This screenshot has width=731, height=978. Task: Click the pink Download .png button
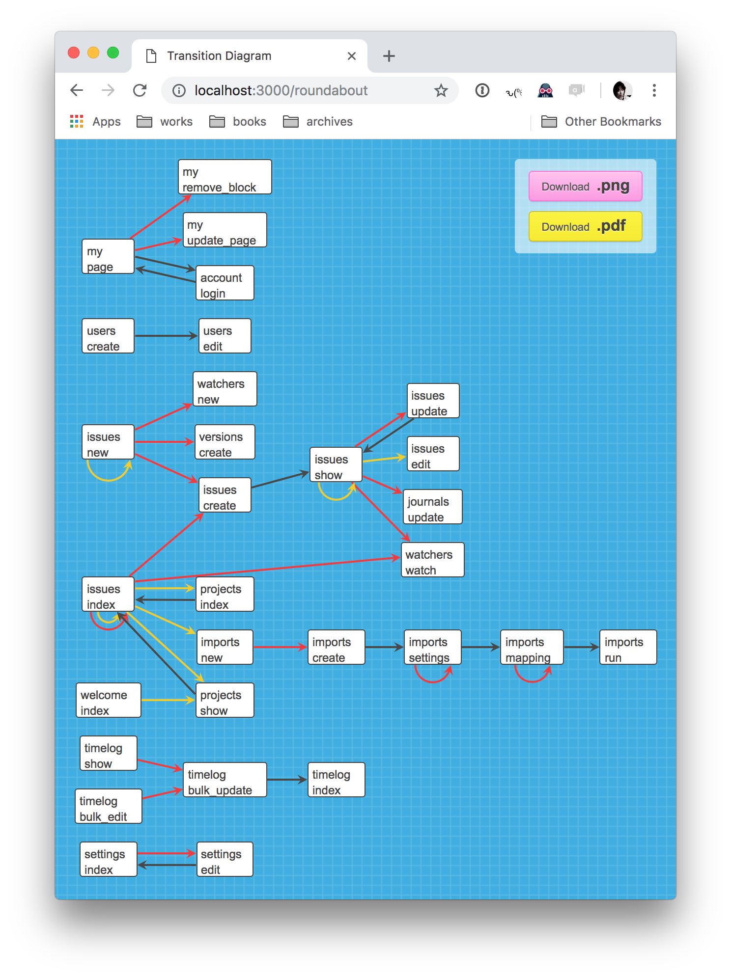click(585, 186)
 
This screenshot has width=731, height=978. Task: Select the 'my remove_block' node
click(225, 177)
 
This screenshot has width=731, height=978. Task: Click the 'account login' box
click(225, 283)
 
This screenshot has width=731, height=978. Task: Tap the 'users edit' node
click(225, 336)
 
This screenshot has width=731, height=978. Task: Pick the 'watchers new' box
click(225, 389)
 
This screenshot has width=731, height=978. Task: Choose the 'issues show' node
click(336, 464)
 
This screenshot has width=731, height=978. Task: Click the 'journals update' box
click(432, 507)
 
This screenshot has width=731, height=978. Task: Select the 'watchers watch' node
click(432, 560)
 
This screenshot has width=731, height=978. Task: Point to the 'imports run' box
click(627, 647)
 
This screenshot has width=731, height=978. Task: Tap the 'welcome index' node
click(108, 700)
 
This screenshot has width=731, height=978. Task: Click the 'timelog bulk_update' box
click(225, 780)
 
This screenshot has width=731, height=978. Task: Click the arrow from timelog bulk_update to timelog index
click(286, 780)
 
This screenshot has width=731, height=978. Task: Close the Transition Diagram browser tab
click(351, 56)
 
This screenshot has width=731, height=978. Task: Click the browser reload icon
click(140, 90)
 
